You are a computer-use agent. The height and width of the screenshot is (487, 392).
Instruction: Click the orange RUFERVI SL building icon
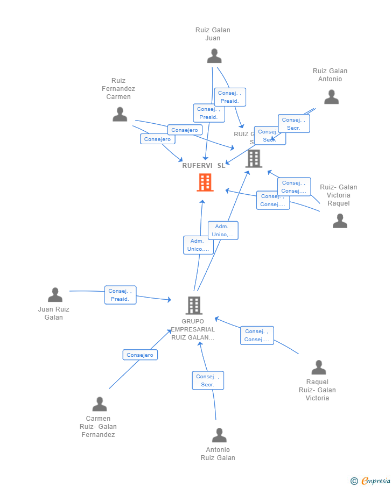pos(205,182)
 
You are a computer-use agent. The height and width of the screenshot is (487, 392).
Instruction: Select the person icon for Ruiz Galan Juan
pos(214,56)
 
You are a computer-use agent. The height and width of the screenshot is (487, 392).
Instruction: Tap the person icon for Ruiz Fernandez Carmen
pos(120,114)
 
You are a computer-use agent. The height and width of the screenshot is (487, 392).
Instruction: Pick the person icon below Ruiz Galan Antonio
pos(331,97)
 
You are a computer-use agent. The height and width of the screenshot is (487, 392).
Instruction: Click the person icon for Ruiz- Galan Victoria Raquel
pos(340,221)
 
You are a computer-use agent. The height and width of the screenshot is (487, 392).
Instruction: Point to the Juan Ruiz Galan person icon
pos(55,295)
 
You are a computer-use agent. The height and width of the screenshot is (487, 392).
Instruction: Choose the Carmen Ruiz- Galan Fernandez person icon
pos(100,404)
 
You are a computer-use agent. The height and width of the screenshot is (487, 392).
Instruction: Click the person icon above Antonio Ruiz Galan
pos(219,435)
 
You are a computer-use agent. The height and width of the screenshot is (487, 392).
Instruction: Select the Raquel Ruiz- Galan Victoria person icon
pos(319,368)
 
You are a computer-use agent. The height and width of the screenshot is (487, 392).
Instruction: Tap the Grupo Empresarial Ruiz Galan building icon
pos(194,305)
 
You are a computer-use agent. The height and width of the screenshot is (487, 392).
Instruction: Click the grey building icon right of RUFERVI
pos(254,158)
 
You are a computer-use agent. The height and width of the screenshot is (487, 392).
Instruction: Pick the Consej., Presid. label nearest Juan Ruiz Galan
pos(120,295)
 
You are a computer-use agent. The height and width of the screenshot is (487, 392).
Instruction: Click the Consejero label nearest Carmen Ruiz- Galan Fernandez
pos(140,355)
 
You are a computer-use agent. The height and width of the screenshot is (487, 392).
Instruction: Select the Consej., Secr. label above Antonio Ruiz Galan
pos(208,380)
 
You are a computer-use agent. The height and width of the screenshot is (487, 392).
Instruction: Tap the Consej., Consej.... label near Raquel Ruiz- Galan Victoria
pos(257,335)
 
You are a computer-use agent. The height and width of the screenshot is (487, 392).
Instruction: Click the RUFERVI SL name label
pos(204,166)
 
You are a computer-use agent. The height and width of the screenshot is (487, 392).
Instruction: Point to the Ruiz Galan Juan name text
pos(213,34)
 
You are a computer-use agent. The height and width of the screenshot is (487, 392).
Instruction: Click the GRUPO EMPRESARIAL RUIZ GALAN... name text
pos(193,329)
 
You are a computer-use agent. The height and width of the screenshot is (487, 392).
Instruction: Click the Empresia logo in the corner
pos(371,481)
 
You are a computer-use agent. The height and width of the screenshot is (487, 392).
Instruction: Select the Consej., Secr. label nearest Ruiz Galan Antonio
pos(294,124)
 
